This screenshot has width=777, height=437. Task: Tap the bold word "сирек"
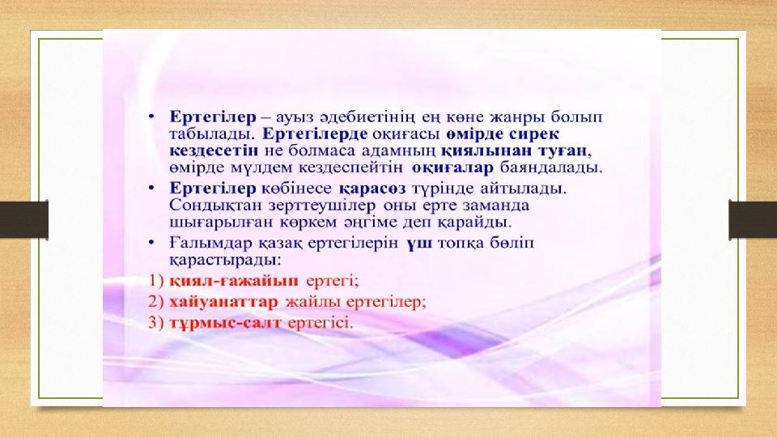click(x=533, y=134)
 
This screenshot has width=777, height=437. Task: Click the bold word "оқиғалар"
click(x=452, y=168)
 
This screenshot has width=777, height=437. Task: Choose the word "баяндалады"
click(x=551, y=168)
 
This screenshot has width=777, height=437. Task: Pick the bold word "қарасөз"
click(x=372, y=189)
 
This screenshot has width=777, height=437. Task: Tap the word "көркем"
click(x=308, y=222)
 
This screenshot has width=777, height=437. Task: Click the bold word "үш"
click(x=419, y=244)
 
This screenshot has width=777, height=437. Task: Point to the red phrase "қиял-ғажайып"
click(x=234, y=281)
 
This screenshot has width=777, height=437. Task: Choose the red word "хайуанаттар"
click(x=224, y=302)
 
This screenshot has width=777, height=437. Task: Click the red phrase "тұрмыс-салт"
click(x=225, y=323)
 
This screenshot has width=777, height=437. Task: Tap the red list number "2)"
click(x=155, y=302)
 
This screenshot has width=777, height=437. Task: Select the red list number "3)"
click(x=155, y=323)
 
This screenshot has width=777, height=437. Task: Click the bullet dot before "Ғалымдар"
click(x=151, y=243)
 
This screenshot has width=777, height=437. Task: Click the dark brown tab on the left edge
click(x=23, y=219)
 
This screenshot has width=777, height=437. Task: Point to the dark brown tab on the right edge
click(x=753, y=219)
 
